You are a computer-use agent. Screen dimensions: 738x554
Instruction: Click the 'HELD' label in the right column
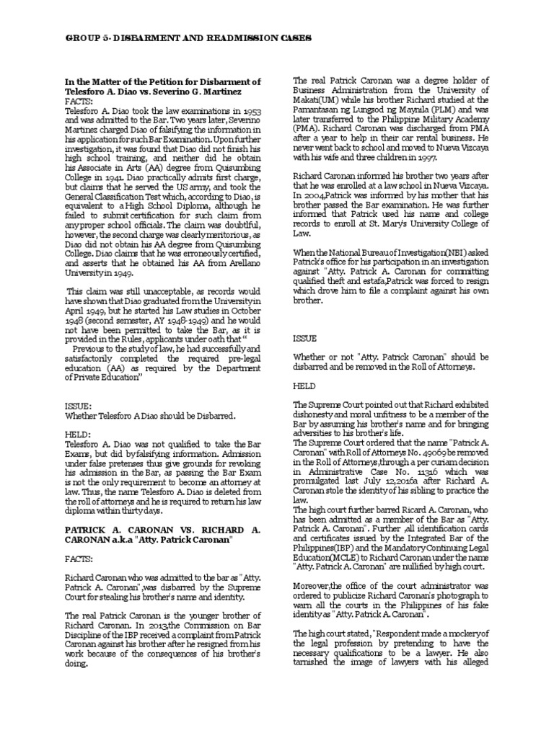tap(306, 386)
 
